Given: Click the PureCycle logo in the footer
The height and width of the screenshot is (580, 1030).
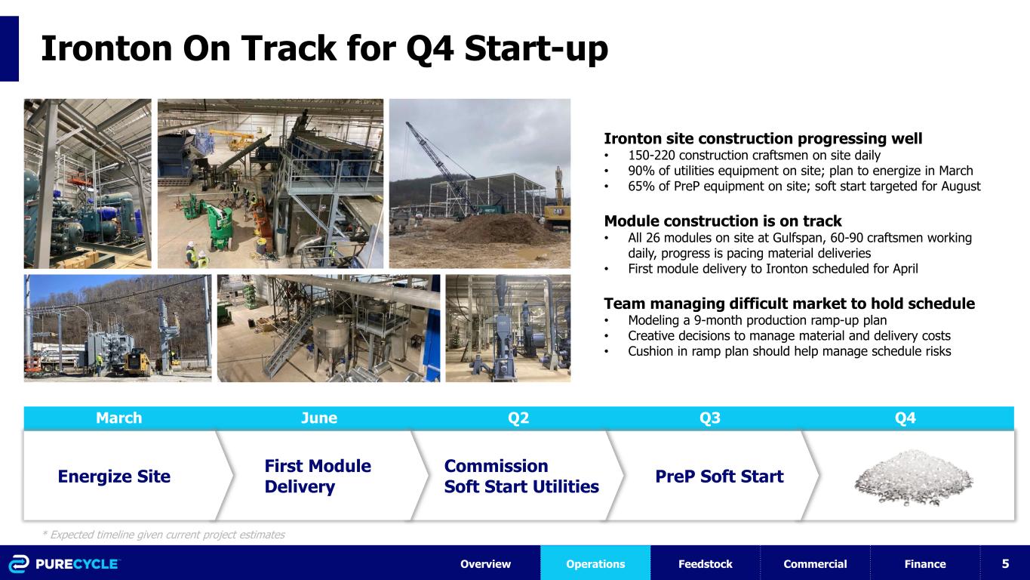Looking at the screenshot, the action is point(64,564).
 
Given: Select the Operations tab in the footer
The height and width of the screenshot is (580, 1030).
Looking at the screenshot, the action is point(595,564).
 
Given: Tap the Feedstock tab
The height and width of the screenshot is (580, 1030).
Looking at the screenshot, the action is point(706,564).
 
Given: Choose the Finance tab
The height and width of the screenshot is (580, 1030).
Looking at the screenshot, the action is point(925,564).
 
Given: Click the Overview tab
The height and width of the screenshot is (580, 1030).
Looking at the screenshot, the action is point(486,564).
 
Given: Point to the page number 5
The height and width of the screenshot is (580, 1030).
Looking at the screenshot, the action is point(1006,563).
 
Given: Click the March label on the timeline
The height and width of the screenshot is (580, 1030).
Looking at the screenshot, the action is point(119,418).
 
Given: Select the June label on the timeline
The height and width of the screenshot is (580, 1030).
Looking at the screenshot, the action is point(319,418).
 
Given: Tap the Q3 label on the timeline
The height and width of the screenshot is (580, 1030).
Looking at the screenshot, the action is point(710,418).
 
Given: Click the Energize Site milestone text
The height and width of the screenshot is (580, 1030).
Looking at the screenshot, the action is point(114,477).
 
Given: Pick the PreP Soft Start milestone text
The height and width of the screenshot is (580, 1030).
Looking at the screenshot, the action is point(720,477).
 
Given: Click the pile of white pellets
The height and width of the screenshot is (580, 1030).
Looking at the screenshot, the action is point(914,478).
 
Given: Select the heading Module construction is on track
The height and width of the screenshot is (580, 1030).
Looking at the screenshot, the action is point(723,221).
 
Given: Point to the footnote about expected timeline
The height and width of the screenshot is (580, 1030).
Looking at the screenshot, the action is point(163,535).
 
